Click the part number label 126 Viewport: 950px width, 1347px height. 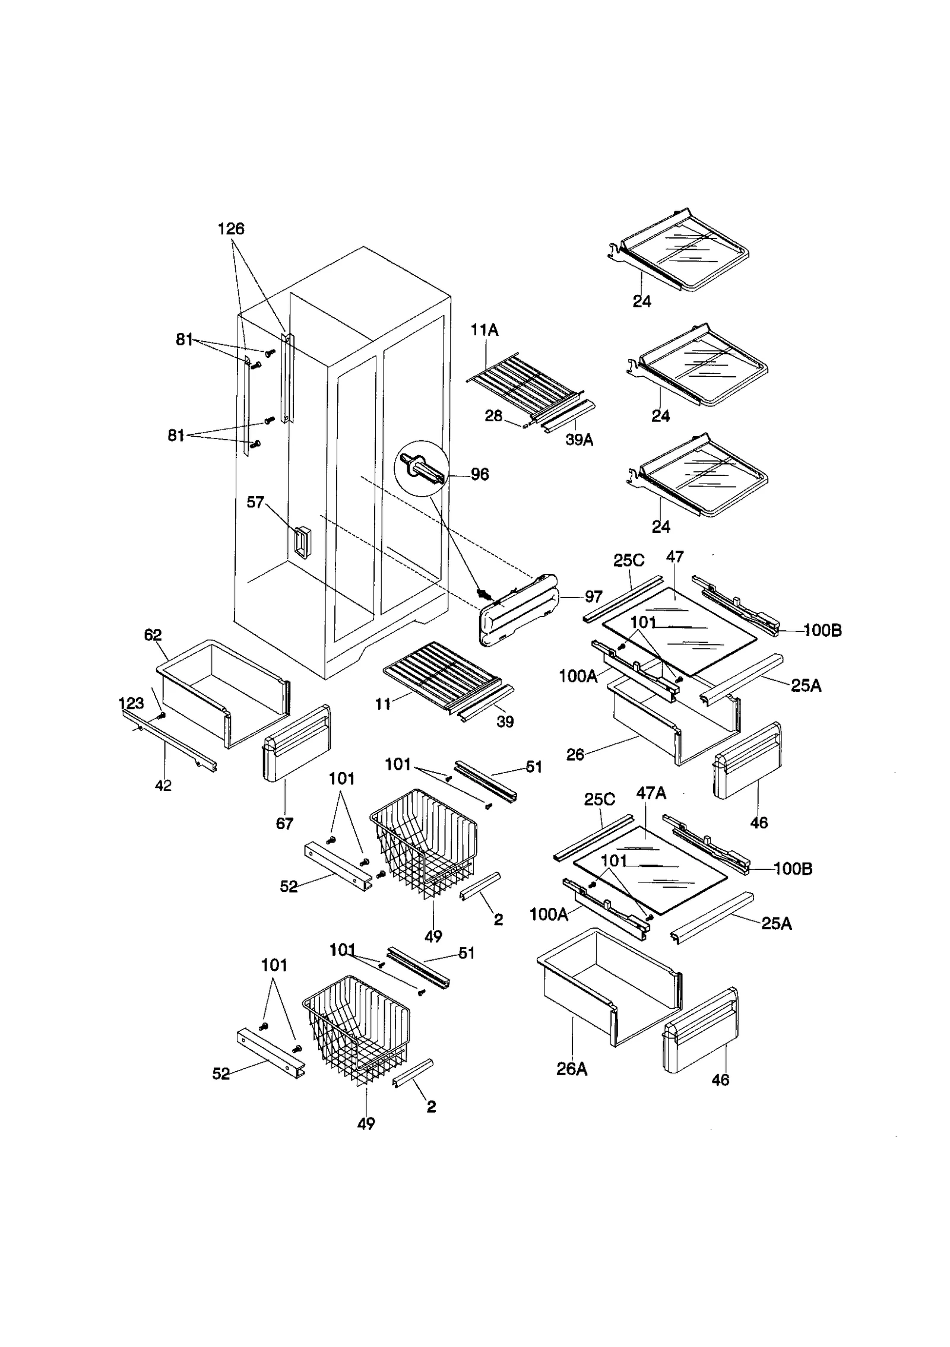[x=231, y=228]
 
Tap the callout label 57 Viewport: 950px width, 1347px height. [x=255, y=502]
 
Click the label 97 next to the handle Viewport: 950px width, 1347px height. [x=593, y=596]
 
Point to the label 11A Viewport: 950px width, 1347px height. [x=484, y=331]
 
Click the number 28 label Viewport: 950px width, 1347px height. [x=493, y=416]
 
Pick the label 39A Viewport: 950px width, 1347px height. [x=579, y=440]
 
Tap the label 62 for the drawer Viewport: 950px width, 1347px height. [x=153, y=634]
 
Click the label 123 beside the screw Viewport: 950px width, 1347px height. [x=131, y=703]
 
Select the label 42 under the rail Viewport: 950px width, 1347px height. [x=163, y=785]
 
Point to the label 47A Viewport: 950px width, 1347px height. [x=651, y=793]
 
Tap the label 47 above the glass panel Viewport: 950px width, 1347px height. [x=674, y=557]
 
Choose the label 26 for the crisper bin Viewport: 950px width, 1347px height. [x=575, y=754]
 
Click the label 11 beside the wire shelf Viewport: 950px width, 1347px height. [x=383, y=704]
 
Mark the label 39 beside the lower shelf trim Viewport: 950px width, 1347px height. [x=505, y=722]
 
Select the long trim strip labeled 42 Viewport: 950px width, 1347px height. [x=169, y=739]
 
